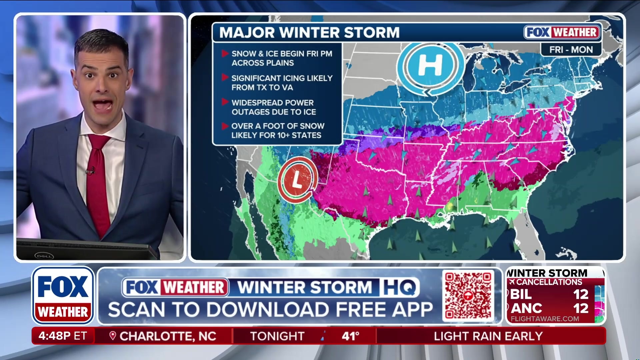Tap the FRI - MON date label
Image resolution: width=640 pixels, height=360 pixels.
click(571, 50)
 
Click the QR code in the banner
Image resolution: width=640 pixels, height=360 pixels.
click(468, 295)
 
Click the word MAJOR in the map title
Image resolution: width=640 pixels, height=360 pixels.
click(247, 33)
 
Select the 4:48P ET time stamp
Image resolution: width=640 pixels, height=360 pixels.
click(62, 336)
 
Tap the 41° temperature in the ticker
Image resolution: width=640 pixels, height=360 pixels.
click(350, 336)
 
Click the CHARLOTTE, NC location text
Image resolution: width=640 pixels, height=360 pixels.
click(168, 336)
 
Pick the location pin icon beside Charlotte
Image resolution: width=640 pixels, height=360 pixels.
click(113, 336)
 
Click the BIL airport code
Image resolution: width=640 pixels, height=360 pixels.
click(521, 294)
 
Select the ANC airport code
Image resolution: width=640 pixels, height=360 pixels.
click(526, 308)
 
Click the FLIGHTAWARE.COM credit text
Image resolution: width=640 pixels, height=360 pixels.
click(545, 319)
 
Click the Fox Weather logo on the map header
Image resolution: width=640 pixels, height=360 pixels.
click(562, 32)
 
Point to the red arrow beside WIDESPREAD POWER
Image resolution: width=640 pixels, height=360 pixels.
click(225, 102)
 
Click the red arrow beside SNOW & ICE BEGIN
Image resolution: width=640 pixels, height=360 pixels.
click(225, 53)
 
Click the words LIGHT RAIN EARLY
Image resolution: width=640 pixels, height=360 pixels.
click(488, 336)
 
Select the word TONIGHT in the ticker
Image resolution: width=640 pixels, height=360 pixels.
click(277, 336)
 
